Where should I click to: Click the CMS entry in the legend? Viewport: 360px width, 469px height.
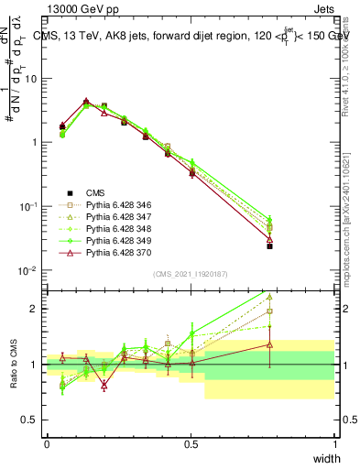[x=96, y=192]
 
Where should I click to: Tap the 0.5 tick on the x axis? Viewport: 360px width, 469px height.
[x=191, y=444]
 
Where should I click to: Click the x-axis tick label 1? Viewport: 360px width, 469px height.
[x=335, y=444]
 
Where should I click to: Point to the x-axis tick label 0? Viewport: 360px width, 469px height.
[x=47, y=444]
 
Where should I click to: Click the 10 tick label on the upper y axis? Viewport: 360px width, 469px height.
[x=30, y=79]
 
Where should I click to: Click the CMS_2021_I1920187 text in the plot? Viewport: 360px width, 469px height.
[x=191, y=274]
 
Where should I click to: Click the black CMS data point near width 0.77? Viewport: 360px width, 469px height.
[x=269, y=245]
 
